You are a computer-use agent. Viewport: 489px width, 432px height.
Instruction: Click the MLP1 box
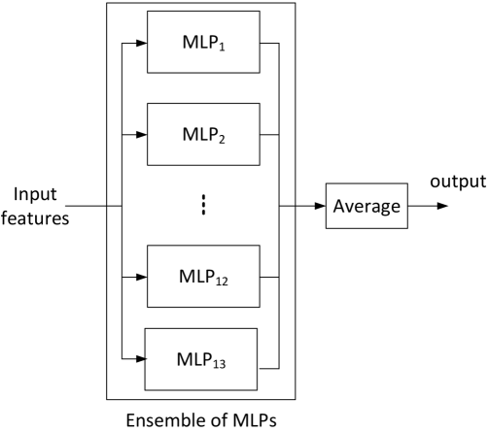click(x=202, y=43)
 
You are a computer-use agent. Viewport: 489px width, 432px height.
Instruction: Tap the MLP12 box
click(x=202, y=276)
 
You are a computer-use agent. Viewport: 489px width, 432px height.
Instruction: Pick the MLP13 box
click(x=200, y=358)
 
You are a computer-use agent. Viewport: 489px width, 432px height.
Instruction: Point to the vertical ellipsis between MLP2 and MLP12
click(x=203, y=206)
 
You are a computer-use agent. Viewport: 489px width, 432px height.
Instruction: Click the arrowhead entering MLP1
click(x=140, y=43)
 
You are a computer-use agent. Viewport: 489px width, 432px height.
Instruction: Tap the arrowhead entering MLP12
click(x=140, y=276)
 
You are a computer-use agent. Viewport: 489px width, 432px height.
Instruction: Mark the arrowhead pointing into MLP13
click(x=138, y=358)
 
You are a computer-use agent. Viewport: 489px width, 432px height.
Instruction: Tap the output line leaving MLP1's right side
click(x=269, y=43)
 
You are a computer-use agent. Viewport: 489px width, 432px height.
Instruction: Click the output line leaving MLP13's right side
click(x=268, y=367)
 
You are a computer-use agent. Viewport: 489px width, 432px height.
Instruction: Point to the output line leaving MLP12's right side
click(x=269, y=276)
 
